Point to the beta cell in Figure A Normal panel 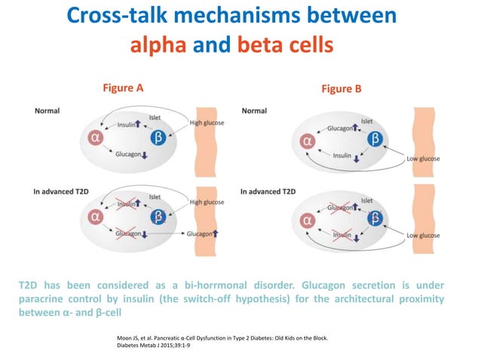coord(158,138)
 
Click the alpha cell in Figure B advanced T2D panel coord(307,220)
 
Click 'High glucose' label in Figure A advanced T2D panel coord(207,202)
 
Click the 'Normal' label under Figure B coord(254,111)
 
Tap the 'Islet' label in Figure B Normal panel coord(366,121)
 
